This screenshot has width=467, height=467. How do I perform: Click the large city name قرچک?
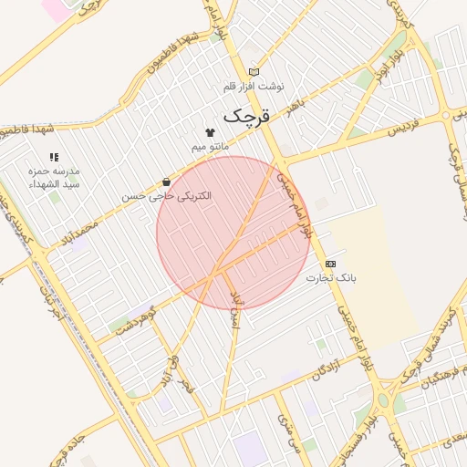pos(247,116)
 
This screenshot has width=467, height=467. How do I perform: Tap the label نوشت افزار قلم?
pos(254,86)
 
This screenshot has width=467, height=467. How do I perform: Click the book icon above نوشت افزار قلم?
pos(254,72)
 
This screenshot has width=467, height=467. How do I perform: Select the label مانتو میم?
pos(211,146)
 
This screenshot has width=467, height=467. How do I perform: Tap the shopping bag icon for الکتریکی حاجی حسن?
pos(165,182)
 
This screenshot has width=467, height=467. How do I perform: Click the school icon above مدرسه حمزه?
pos(54,158)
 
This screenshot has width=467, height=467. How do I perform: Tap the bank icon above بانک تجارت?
pos(330,263)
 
